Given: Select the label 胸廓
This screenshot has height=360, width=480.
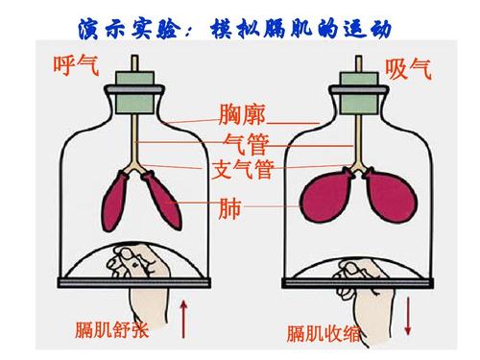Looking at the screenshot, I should (242, 114).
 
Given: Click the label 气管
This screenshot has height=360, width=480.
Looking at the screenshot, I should (242, 146).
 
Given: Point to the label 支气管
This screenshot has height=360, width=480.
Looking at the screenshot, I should (242, 172).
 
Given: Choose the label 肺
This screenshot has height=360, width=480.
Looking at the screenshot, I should (230, 206).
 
